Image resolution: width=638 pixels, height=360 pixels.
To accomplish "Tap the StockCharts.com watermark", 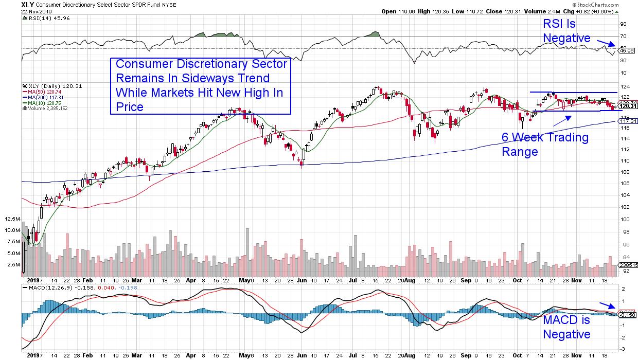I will [x=614, y=4].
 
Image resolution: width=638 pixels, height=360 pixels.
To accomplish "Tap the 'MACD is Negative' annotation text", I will [x=566, y=327].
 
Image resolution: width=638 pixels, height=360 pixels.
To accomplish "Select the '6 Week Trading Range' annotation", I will [x=545, y=145].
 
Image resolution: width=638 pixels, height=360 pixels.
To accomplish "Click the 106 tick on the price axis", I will [x=625, y=184].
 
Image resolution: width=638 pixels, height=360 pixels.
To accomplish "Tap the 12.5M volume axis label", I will [x=13, y=219].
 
